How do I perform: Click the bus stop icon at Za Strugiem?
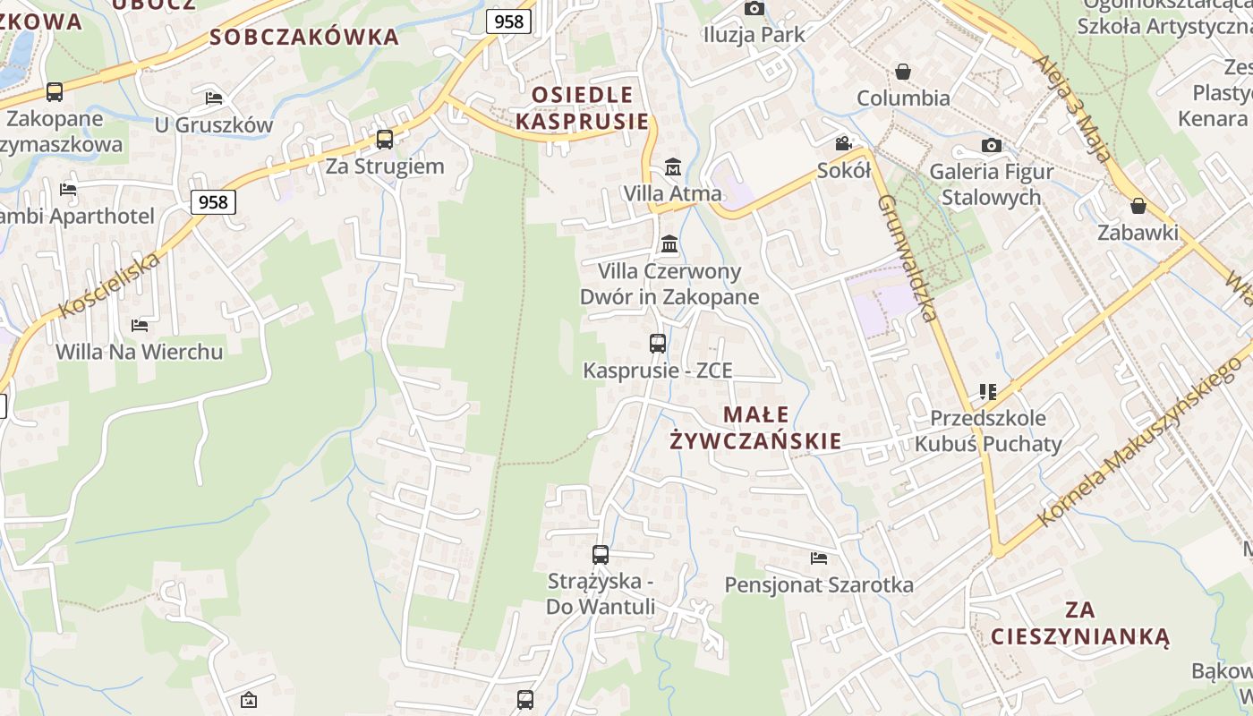385,139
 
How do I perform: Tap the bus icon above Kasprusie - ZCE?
658,343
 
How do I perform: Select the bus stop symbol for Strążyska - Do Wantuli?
601,555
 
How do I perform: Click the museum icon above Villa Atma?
672,166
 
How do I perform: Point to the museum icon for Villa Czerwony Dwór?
669,243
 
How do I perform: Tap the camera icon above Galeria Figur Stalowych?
991,145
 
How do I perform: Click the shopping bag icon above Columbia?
903,72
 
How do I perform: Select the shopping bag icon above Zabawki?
1138,207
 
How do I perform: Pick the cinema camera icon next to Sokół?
843,143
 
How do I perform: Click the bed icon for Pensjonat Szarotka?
819,558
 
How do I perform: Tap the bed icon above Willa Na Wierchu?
140,325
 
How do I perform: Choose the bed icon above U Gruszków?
214,98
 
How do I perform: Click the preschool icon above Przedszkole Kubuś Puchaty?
988,391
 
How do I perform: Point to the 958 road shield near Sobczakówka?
508,21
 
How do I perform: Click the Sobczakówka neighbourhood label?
304,37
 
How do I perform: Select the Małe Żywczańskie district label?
756,428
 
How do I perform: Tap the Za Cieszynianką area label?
1080,624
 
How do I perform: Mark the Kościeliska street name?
110,285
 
